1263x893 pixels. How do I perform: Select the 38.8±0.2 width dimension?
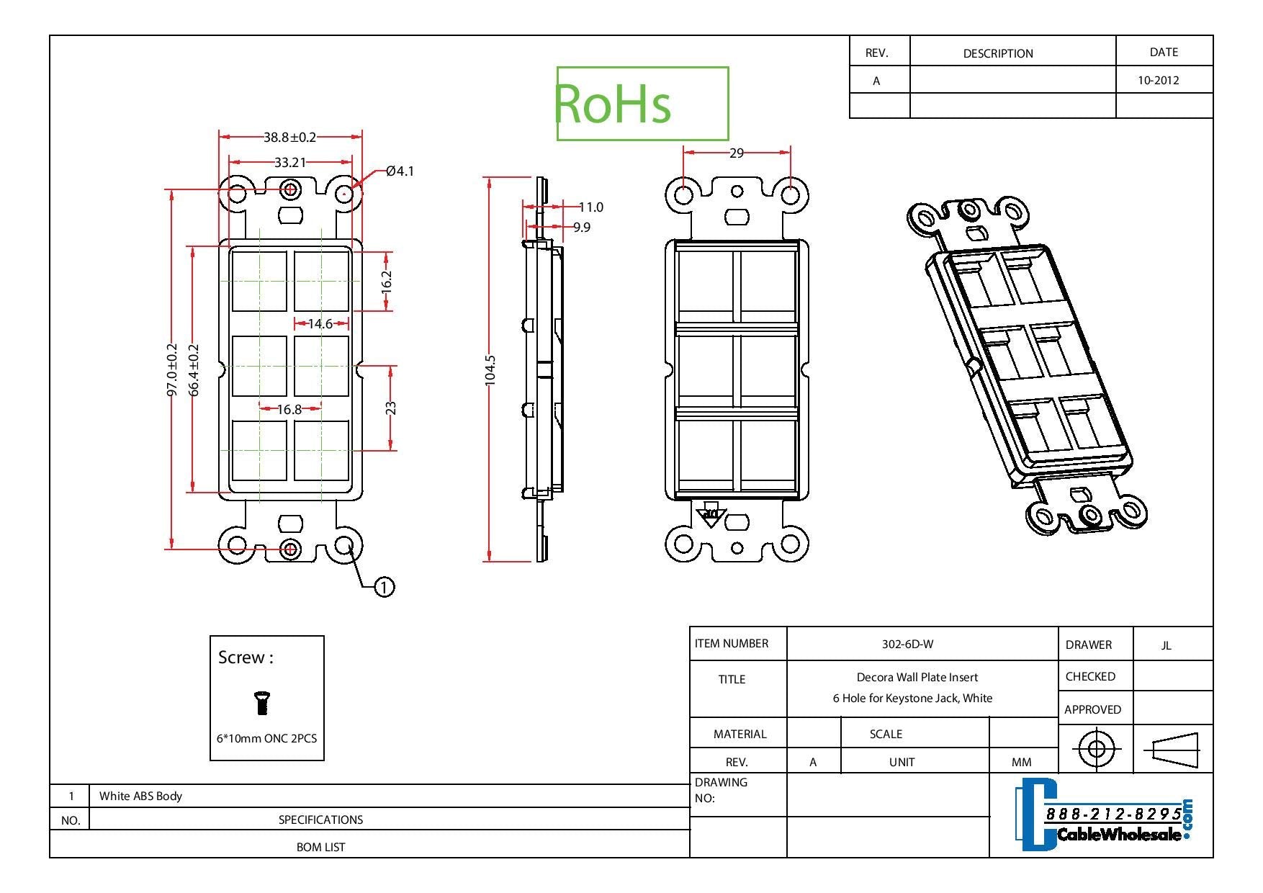point(289,137)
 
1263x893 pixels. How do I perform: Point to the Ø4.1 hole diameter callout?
point(400,171)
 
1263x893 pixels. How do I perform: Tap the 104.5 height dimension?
point(490,370)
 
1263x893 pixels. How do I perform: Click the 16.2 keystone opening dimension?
point(387,280)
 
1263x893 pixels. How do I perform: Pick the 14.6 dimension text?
point(320,324)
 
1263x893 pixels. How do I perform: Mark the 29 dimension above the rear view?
point(736,153)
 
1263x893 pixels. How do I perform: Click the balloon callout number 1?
point(385,587)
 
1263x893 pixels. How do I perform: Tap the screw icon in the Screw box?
point(263,702)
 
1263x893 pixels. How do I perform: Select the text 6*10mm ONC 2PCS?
point(266,738)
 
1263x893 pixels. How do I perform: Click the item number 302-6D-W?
point(907,644)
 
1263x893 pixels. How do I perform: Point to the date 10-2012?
point(1158,81)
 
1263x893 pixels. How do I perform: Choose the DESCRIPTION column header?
point(997,53)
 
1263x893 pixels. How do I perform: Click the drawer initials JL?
point(1166,645)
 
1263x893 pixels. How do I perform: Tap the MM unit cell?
point(1021,762)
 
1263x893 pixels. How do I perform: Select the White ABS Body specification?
point(140,796)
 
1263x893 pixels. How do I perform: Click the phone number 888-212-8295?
point(1113,814)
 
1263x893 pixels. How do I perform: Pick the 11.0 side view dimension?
point(590,207)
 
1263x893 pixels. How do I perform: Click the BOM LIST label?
point(320,847)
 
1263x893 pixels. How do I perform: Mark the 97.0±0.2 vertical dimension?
point(172,369)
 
